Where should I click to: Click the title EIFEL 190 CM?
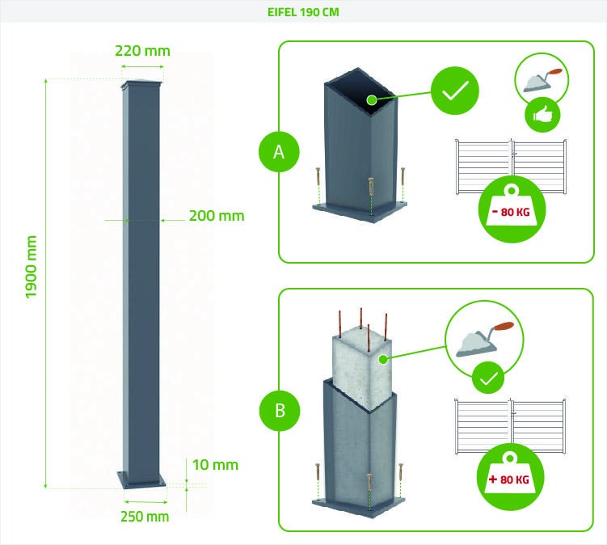click(x=303, y=12)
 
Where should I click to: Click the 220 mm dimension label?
click(x=143, y=50)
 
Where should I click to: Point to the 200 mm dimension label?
click(x=217, y=216)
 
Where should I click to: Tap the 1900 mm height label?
click(x=32, y=267)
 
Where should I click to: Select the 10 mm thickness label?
click(x=215, y=464)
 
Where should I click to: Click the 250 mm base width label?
click(x=145, y=516)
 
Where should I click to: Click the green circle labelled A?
click(x=279, y=152)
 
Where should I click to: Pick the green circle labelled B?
click(x=279, y=410)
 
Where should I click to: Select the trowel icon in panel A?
click(x=541, y=79)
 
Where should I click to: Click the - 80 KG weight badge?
click(x=512, y=209)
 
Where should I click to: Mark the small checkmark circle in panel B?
click(x=488, y=376)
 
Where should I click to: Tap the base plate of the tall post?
click(x=142, y=480)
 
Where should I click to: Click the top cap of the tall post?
click(x=142, y=85)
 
